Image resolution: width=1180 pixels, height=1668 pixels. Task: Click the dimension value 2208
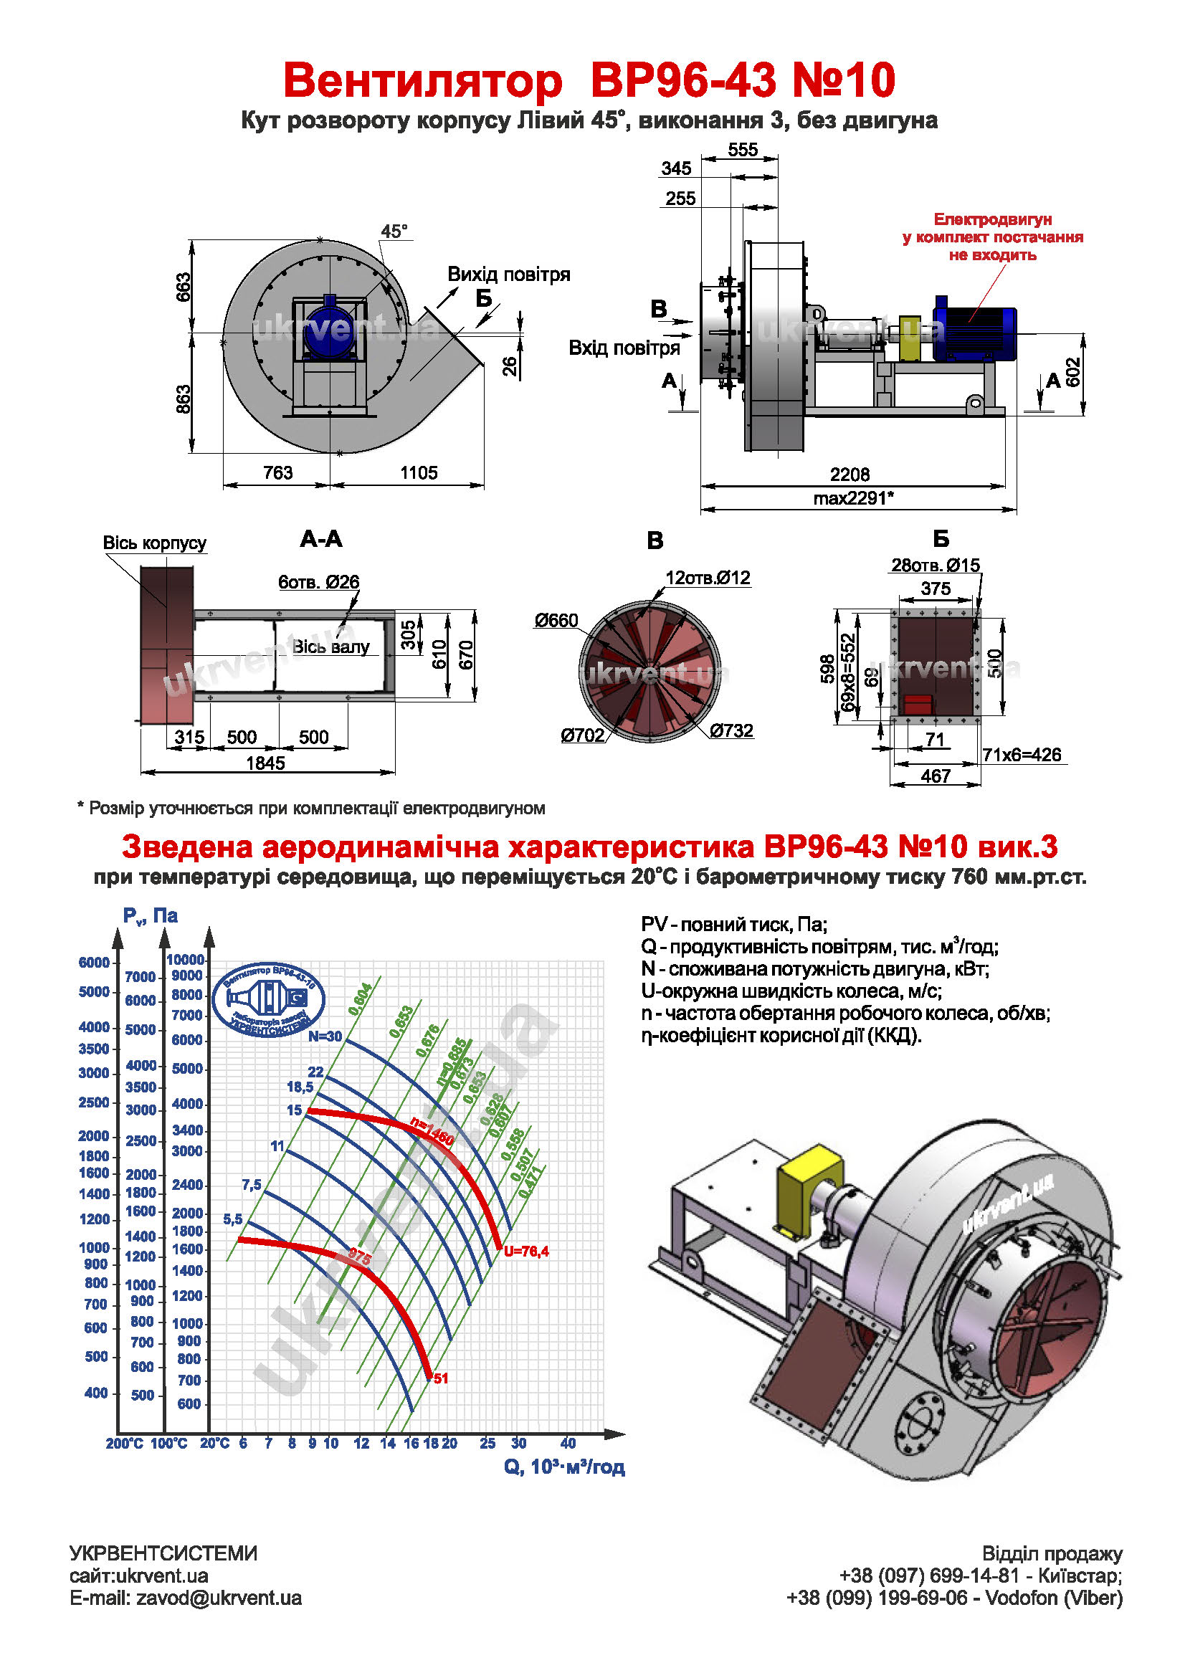pos(850,475)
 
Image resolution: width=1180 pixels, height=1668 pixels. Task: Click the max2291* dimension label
pos(853,498)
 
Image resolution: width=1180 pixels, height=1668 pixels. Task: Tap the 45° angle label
pos(394,232)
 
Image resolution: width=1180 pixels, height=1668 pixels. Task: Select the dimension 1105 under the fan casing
pos(419,473)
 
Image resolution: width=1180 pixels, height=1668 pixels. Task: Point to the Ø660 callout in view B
pos(556,621)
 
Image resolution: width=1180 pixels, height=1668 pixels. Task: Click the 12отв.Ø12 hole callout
pos(708,578)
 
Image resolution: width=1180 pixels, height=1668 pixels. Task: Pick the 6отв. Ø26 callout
pos(318,582)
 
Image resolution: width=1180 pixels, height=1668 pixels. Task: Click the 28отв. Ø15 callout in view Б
pos(935,566)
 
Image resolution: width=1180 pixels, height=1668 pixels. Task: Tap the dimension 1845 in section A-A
pos(265,763)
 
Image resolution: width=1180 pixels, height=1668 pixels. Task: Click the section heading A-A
pos(320,539)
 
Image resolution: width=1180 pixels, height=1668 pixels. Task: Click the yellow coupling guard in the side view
pos(909,338)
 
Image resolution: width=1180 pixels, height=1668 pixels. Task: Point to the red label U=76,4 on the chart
pos(526,1251)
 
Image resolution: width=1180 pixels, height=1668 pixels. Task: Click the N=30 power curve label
pos(324,1036)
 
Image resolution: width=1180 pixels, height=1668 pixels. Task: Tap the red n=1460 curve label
pos(432,1131)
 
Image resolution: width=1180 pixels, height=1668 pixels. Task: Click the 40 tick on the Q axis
pos(568,1444)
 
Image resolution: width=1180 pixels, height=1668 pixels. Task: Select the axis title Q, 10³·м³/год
pos(564,1467)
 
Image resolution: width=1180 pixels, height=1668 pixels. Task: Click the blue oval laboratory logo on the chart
pos(268,1000)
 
